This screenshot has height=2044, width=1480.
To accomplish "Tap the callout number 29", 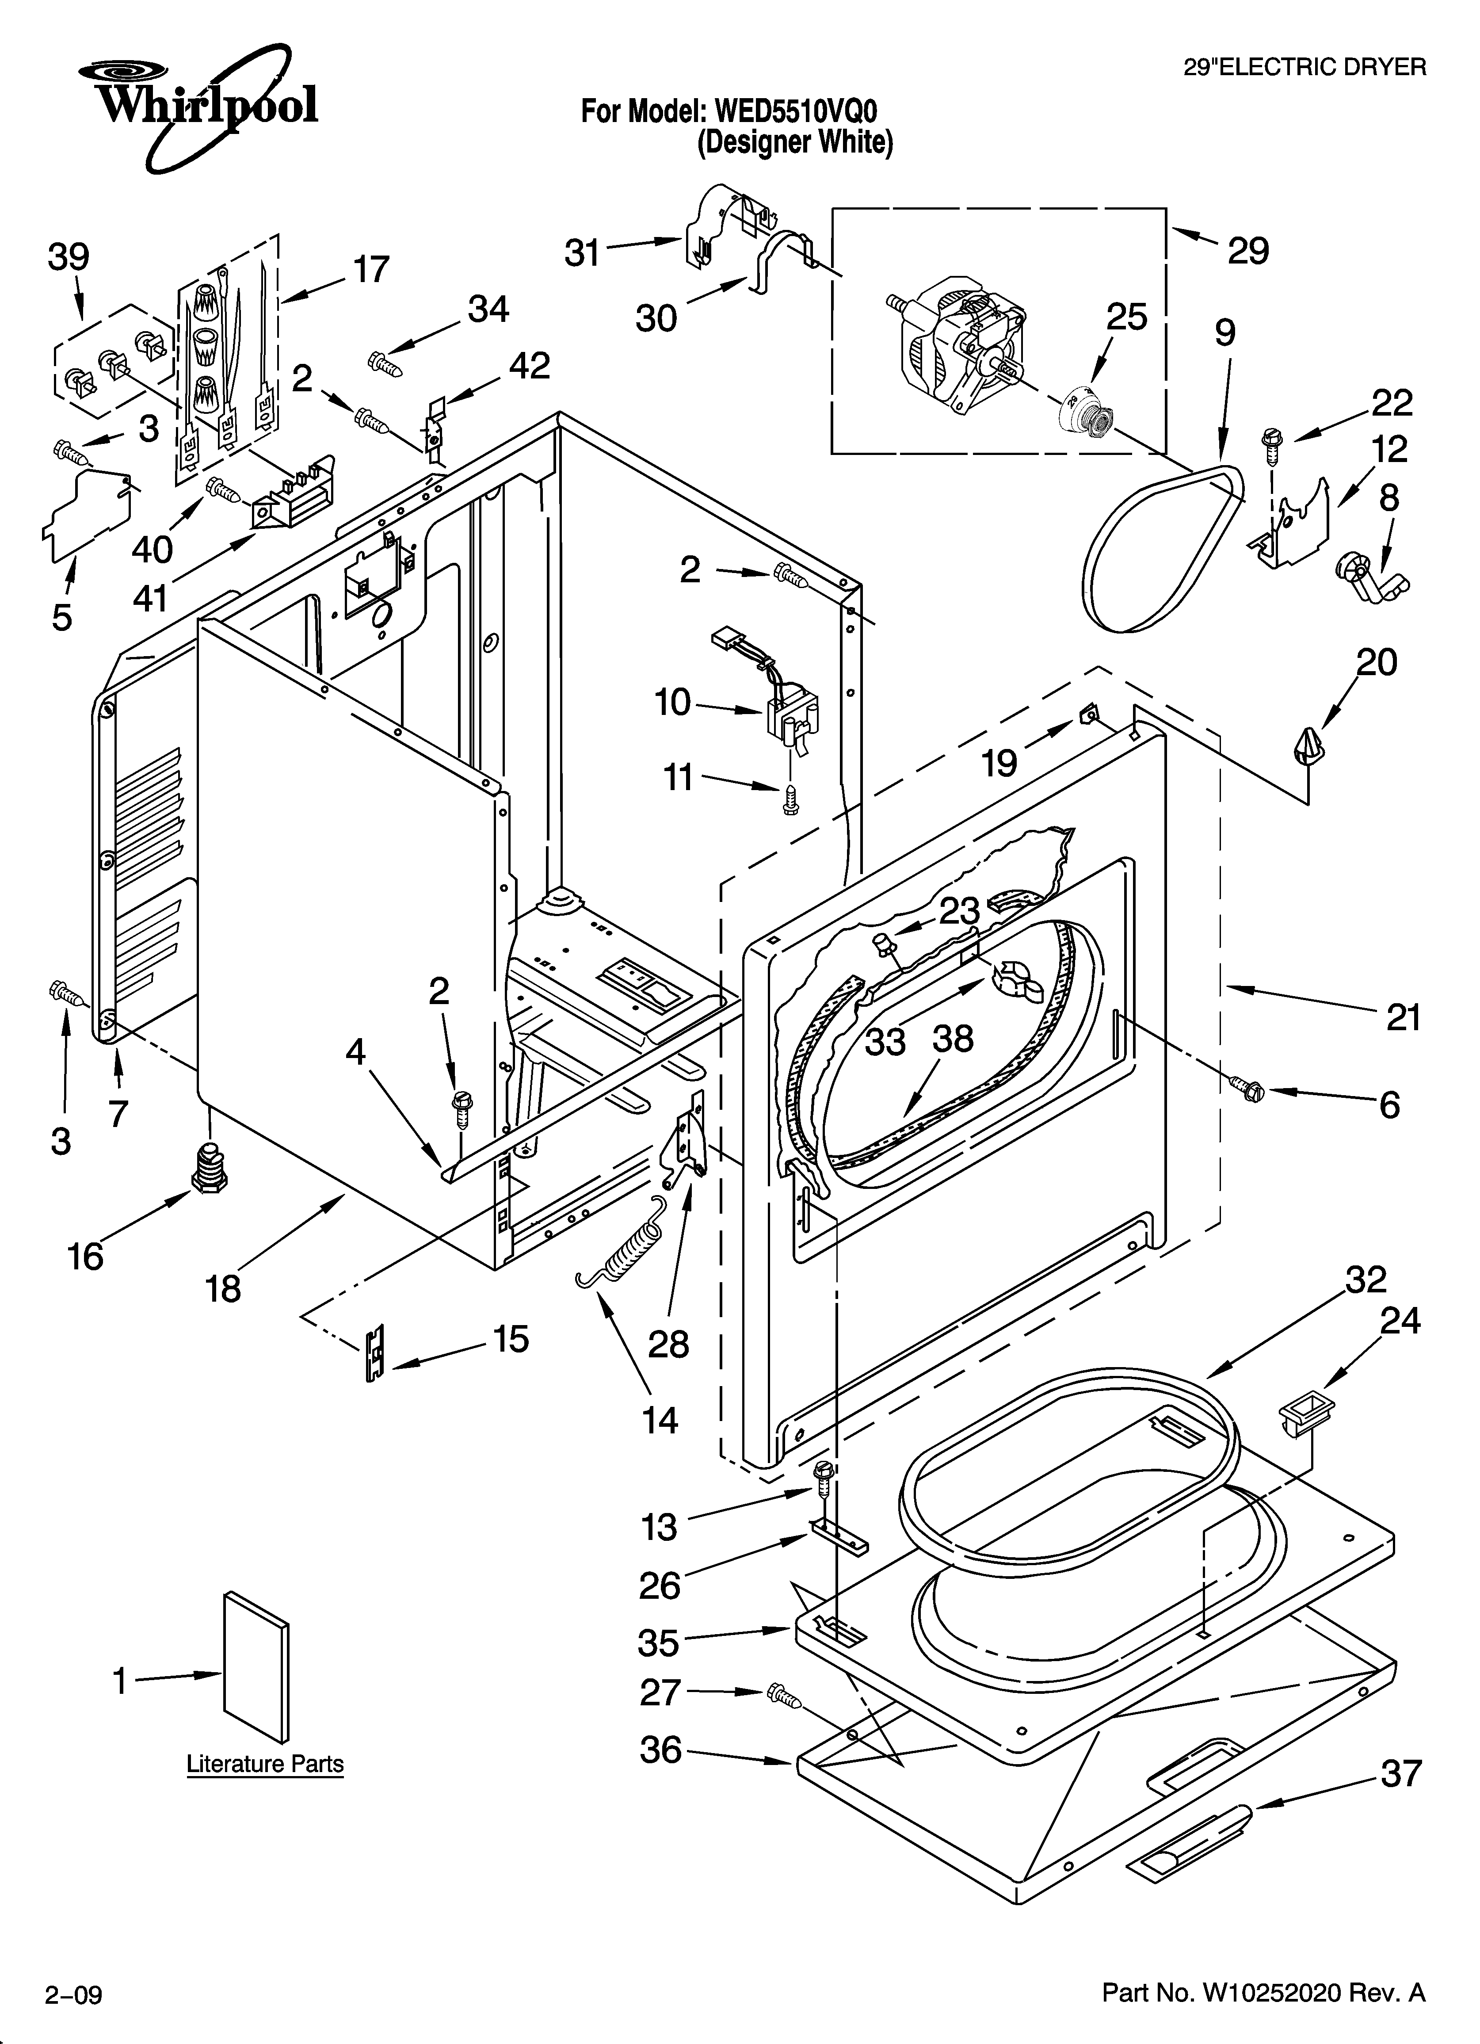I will (x=1248, y=251).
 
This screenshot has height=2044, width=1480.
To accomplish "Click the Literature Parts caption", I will (x=265, y=1764).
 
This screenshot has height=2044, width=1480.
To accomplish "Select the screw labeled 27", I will (x=785, y=1695).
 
